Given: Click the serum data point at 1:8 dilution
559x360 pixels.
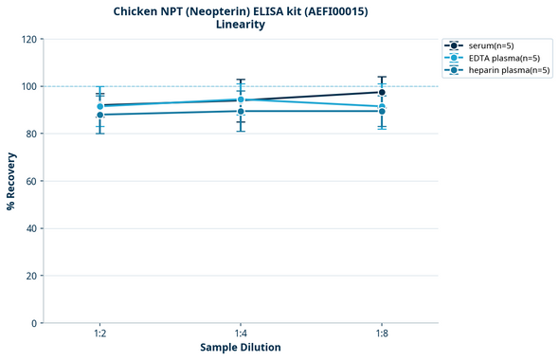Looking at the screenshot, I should click(x=382, y=92).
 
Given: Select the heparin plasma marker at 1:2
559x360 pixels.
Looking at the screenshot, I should click(x=99, y=115).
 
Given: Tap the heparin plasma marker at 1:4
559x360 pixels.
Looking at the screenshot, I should click(x=241, y=111).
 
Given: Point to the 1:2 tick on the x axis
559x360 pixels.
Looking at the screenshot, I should click(x=99, y=333).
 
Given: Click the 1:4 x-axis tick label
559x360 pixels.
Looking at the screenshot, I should click(x=241, y=333).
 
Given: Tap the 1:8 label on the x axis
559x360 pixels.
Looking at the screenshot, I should click(x=382, y=333).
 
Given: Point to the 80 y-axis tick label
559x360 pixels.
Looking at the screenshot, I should click(x=32, y=134).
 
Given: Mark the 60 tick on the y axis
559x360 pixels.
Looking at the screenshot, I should click(x=32, y=181).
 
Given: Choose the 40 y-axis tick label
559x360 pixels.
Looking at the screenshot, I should click(x=32, y=228).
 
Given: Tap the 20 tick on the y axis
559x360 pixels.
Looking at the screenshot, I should click(x=32, y=276).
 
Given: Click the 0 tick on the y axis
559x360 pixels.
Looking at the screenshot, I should click(x=35, y=323).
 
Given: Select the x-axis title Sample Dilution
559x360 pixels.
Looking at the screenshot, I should click(x=241, y=348).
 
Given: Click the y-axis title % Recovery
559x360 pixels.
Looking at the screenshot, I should click(x=11, y=181).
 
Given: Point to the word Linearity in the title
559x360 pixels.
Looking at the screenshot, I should click(x=241, y=25).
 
